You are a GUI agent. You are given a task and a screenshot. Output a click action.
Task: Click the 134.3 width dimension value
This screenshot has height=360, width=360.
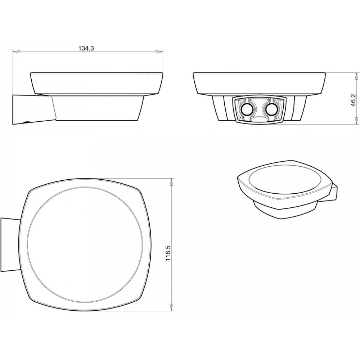click(86, 48)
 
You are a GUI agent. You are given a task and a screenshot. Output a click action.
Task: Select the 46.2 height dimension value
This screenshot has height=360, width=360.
click(353, 99)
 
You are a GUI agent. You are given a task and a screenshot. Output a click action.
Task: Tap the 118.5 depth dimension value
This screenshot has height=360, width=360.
click(168, 253)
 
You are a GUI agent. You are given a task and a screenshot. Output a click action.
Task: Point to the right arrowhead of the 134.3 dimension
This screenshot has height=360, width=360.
click(159, 52)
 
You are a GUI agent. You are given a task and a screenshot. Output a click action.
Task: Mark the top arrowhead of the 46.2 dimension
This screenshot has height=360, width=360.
click(356, 76)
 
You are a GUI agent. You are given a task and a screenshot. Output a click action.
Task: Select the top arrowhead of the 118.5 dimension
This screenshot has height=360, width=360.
click(171, 182)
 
